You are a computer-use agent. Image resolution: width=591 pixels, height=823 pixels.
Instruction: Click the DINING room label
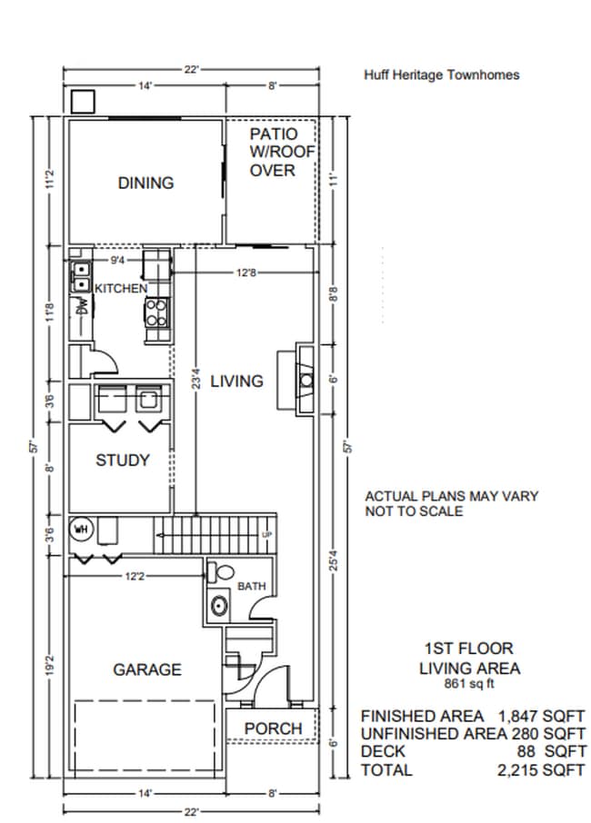(145, 183)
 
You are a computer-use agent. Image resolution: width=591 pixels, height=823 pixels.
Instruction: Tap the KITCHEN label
(121, 288)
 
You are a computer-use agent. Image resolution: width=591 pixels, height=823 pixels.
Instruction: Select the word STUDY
(123, 461)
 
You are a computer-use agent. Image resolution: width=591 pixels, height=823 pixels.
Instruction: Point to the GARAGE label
(147, 669)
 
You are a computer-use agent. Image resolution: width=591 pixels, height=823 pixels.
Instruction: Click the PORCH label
(273, 729)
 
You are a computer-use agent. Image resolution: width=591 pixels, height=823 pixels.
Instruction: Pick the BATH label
(252, 586)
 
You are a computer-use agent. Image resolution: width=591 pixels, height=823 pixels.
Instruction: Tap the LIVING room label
(237, 381)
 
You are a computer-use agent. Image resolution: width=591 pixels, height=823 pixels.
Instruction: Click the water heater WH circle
(82, 530)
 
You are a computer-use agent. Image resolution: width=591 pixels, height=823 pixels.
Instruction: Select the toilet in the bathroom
(221, 572)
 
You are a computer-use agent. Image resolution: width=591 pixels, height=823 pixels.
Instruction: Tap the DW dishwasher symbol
(82, 306)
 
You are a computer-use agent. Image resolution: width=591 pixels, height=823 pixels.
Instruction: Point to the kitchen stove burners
(157, 312)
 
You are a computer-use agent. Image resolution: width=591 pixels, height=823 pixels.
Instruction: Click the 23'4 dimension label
(195, 380)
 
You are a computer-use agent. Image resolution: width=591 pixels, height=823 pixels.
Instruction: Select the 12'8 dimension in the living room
(245, 273)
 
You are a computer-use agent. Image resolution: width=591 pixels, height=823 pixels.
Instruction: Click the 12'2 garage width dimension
(135, 576)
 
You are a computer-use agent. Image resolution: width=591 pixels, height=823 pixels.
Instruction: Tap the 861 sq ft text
(469, 683)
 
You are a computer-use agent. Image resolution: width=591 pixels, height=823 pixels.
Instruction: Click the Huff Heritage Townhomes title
(442, 75)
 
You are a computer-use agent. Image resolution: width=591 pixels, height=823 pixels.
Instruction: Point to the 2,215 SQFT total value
(541, 770)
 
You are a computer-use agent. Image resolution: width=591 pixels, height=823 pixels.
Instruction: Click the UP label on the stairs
(267, 535)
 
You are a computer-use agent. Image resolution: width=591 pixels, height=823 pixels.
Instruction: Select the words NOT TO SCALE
(414, 511)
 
